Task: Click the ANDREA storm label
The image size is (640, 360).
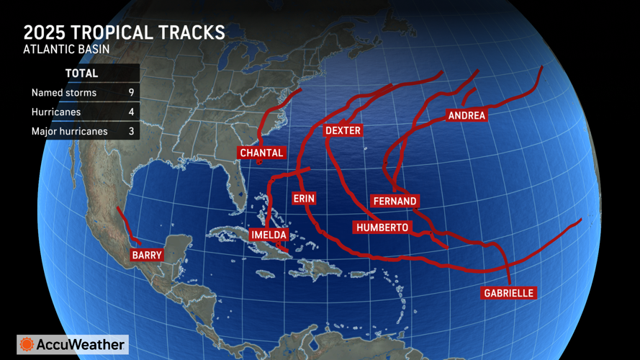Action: (467, 115)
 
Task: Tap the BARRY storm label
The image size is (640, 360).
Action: (147, 255)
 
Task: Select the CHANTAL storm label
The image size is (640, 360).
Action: (261, 153)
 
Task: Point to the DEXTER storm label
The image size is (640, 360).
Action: (343, 130)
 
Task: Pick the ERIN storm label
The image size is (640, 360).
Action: (304, 197)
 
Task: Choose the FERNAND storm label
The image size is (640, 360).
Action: (395, 201)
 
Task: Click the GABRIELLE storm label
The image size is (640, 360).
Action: (509, 293)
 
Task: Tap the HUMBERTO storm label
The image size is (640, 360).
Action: (382, 228)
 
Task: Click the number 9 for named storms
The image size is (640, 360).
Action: (130, 93)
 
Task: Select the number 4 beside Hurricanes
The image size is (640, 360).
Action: (130, 112)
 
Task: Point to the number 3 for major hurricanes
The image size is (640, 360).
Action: (130, 132)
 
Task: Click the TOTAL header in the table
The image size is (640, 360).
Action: (81, 73)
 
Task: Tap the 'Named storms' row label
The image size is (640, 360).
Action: (64, 93)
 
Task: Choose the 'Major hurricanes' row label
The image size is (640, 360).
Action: (69, 132)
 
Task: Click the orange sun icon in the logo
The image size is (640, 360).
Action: (27, 345)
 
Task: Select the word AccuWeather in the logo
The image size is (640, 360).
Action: (81, 345)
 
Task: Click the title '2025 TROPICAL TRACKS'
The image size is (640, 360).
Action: (124, 33)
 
